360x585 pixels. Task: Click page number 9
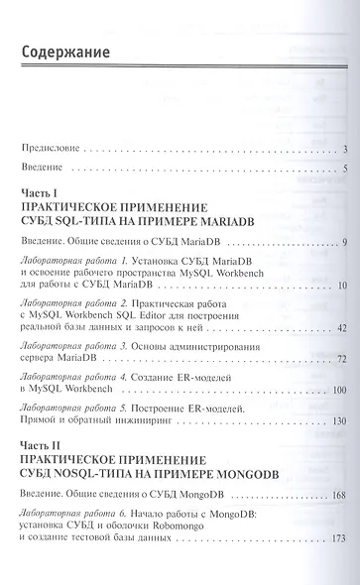339,244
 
